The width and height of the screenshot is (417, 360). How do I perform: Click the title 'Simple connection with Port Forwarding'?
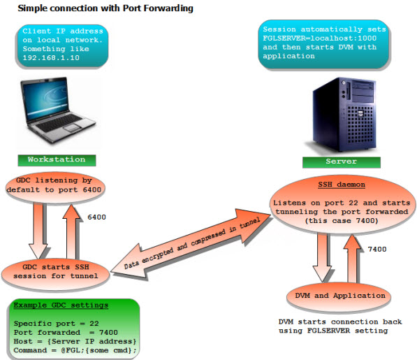(x=105, y=8)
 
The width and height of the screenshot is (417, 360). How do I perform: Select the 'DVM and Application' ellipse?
(x=336, y=296)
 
